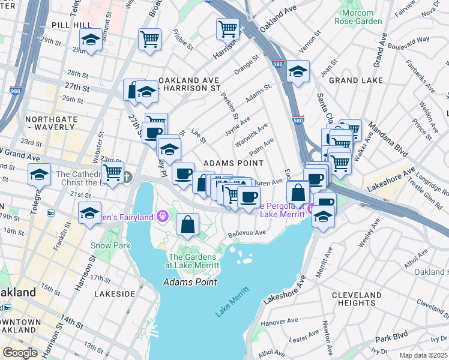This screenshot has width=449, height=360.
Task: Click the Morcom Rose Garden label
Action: click(361, 17)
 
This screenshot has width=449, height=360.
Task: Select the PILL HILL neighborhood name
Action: click(71, 25)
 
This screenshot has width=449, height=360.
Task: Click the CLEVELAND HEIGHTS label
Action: click(357, 299)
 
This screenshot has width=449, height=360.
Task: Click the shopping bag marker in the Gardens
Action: click(188, 225)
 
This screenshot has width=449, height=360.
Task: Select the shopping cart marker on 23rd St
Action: click(112, 172)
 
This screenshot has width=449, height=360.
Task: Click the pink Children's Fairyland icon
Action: click(161, 215)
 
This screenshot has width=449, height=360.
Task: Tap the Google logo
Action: click(20, 353)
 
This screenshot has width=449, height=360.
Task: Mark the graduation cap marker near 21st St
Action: click(90, 213)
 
